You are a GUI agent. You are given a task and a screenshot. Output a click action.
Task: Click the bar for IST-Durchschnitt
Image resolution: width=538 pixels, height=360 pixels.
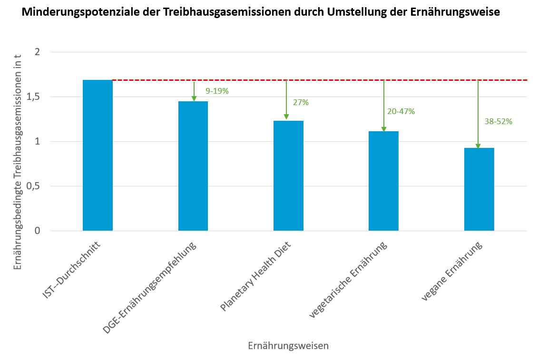click(x=98, y=156)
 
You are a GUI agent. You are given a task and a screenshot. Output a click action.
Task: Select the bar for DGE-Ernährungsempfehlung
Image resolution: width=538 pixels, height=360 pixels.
click(x=193, y=166)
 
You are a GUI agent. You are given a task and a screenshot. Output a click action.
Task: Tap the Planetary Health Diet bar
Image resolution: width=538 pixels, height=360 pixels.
click(x=288, y=176)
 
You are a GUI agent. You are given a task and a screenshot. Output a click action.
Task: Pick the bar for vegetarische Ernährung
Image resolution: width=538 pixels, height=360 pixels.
click(x=383, y=181)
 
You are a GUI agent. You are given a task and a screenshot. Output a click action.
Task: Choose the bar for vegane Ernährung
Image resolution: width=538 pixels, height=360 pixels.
click(x=479, y=189)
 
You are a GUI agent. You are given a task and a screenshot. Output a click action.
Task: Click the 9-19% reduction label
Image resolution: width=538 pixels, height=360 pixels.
click(x=217, y=91)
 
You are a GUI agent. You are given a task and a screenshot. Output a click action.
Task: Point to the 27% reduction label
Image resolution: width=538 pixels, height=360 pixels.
click(x=301, y=102)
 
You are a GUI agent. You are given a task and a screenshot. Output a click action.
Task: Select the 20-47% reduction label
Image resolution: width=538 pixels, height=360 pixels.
click(x=401, y=111)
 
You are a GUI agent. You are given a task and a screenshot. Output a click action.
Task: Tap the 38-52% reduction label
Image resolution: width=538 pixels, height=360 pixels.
click(x=499, y=121)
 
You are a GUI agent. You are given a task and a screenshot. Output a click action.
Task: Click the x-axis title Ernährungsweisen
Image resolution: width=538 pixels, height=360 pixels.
click(x=288, y=346)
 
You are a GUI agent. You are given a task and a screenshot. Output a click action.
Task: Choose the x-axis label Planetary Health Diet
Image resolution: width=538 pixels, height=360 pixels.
click(x=256, y=277)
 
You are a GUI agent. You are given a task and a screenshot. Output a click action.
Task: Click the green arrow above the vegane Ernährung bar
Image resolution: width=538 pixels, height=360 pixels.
click(x=478, y=114)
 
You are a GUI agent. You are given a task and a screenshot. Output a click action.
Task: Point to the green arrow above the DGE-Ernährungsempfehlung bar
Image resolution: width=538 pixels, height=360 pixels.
click(x=194, y=91)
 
